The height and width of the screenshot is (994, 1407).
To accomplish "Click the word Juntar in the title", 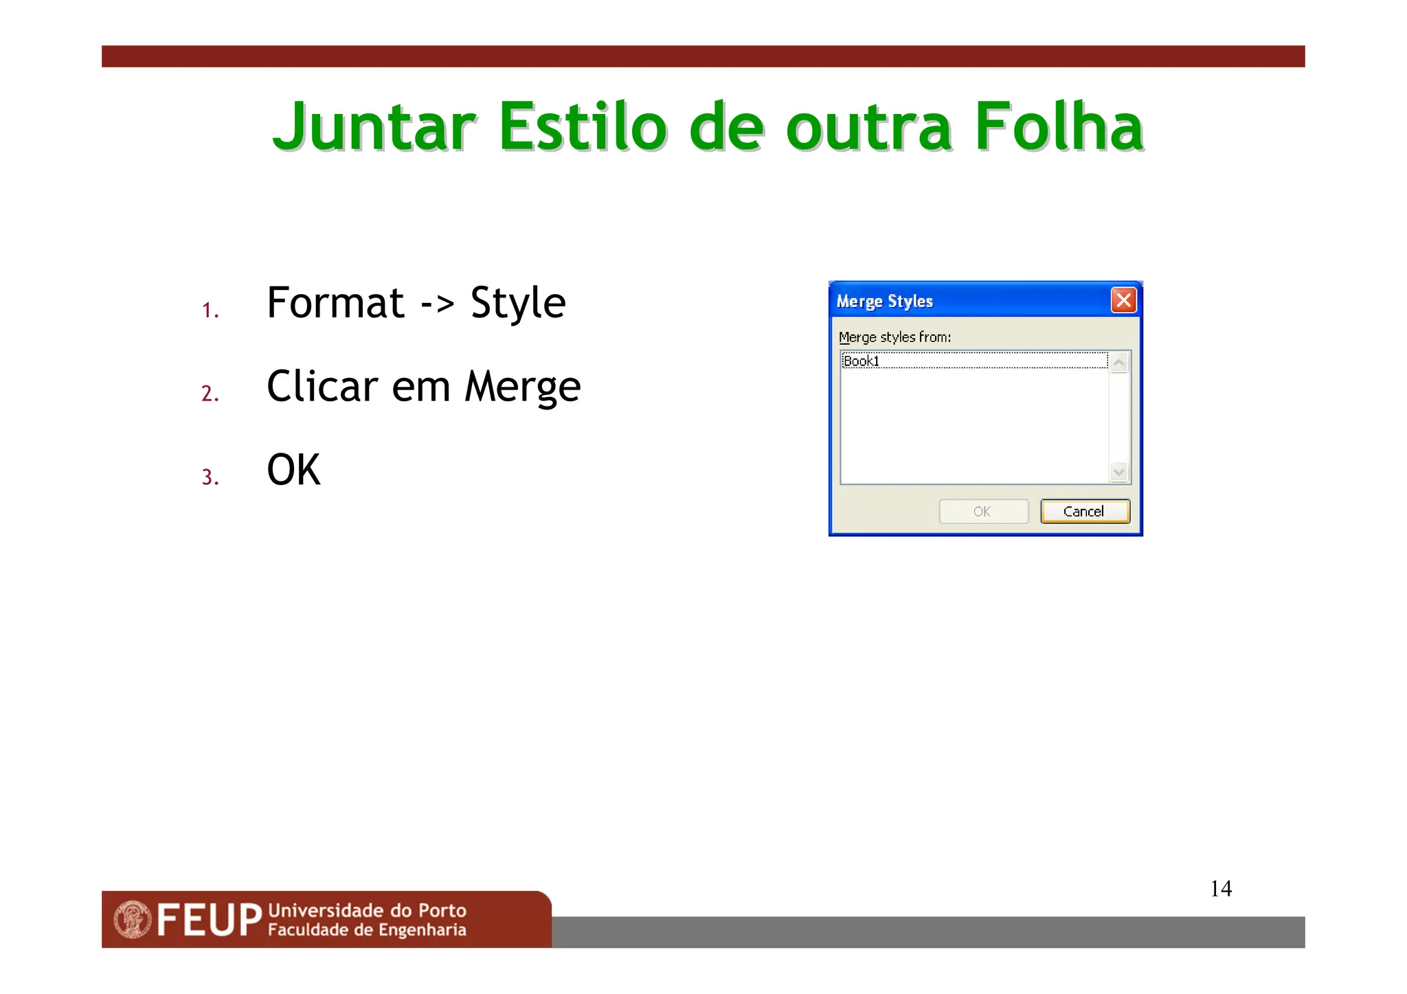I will (374, 127).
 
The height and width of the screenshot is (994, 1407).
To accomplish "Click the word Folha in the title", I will (1059, 127).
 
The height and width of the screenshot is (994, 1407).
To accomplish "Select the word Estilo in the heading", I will (583, 127).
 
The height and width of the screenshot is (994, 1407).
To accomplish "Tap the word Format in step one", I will (335, 303).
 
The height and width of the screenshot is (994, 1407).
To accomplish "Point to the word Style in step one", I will (517, 303).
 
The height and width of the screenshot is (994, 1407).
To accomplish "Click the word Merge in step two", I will (522, 387).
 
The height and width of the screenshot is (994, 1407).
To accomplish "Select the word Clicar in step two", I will (322, 387).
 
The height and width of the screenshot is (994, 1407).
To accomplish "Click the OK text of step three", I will (293, 471).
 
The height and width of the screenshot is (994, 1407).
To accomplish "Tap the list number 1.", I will (210, 310).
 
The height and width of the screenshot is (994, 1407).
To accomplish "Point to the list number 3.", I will (210, 477).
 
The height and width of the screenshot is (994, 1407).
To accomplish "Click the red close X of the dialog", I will (1123, 300).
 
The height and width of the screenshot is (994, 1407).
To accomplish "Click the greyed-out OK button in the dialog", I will (983, 512).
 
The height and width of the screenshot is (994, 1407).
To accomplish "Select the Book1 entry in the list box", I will (862, 361).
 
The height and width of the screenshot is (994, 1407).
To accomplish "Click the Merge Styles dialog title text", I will (884, 302).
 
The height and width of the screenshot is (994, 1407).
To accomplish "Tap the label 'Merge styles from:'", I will (894, 337).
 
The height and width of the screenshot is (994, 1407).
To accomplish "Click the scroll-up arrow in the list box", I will (1119, 362).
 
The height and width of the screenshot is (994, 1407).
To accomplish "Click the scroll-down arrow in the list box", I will (1119, 472).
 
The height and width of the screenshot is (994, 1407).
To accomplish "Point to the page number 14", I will (1221, 889).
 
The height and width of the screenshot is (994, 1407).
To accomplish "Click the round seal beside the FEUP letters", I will (133, 920).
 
